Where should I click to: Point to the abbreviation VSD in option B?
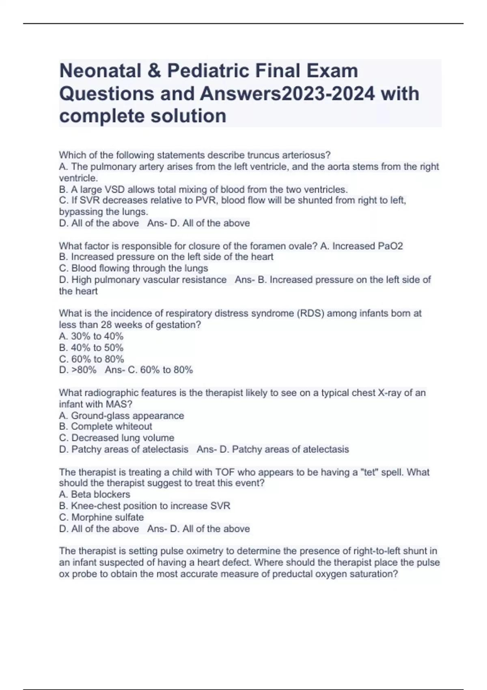116,190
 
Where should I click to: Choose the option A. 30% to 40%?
91,336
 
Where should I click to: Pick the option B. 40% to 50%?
91,347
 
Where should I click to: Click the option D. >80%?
78,370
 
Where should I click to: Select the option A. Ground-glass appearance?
121,416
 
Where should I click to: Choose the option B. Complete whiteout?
106,427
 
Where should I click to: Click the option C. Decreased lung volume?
116,438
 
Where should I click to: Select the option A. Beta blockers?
95,494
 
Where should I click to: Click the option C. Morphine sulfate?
101,517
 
